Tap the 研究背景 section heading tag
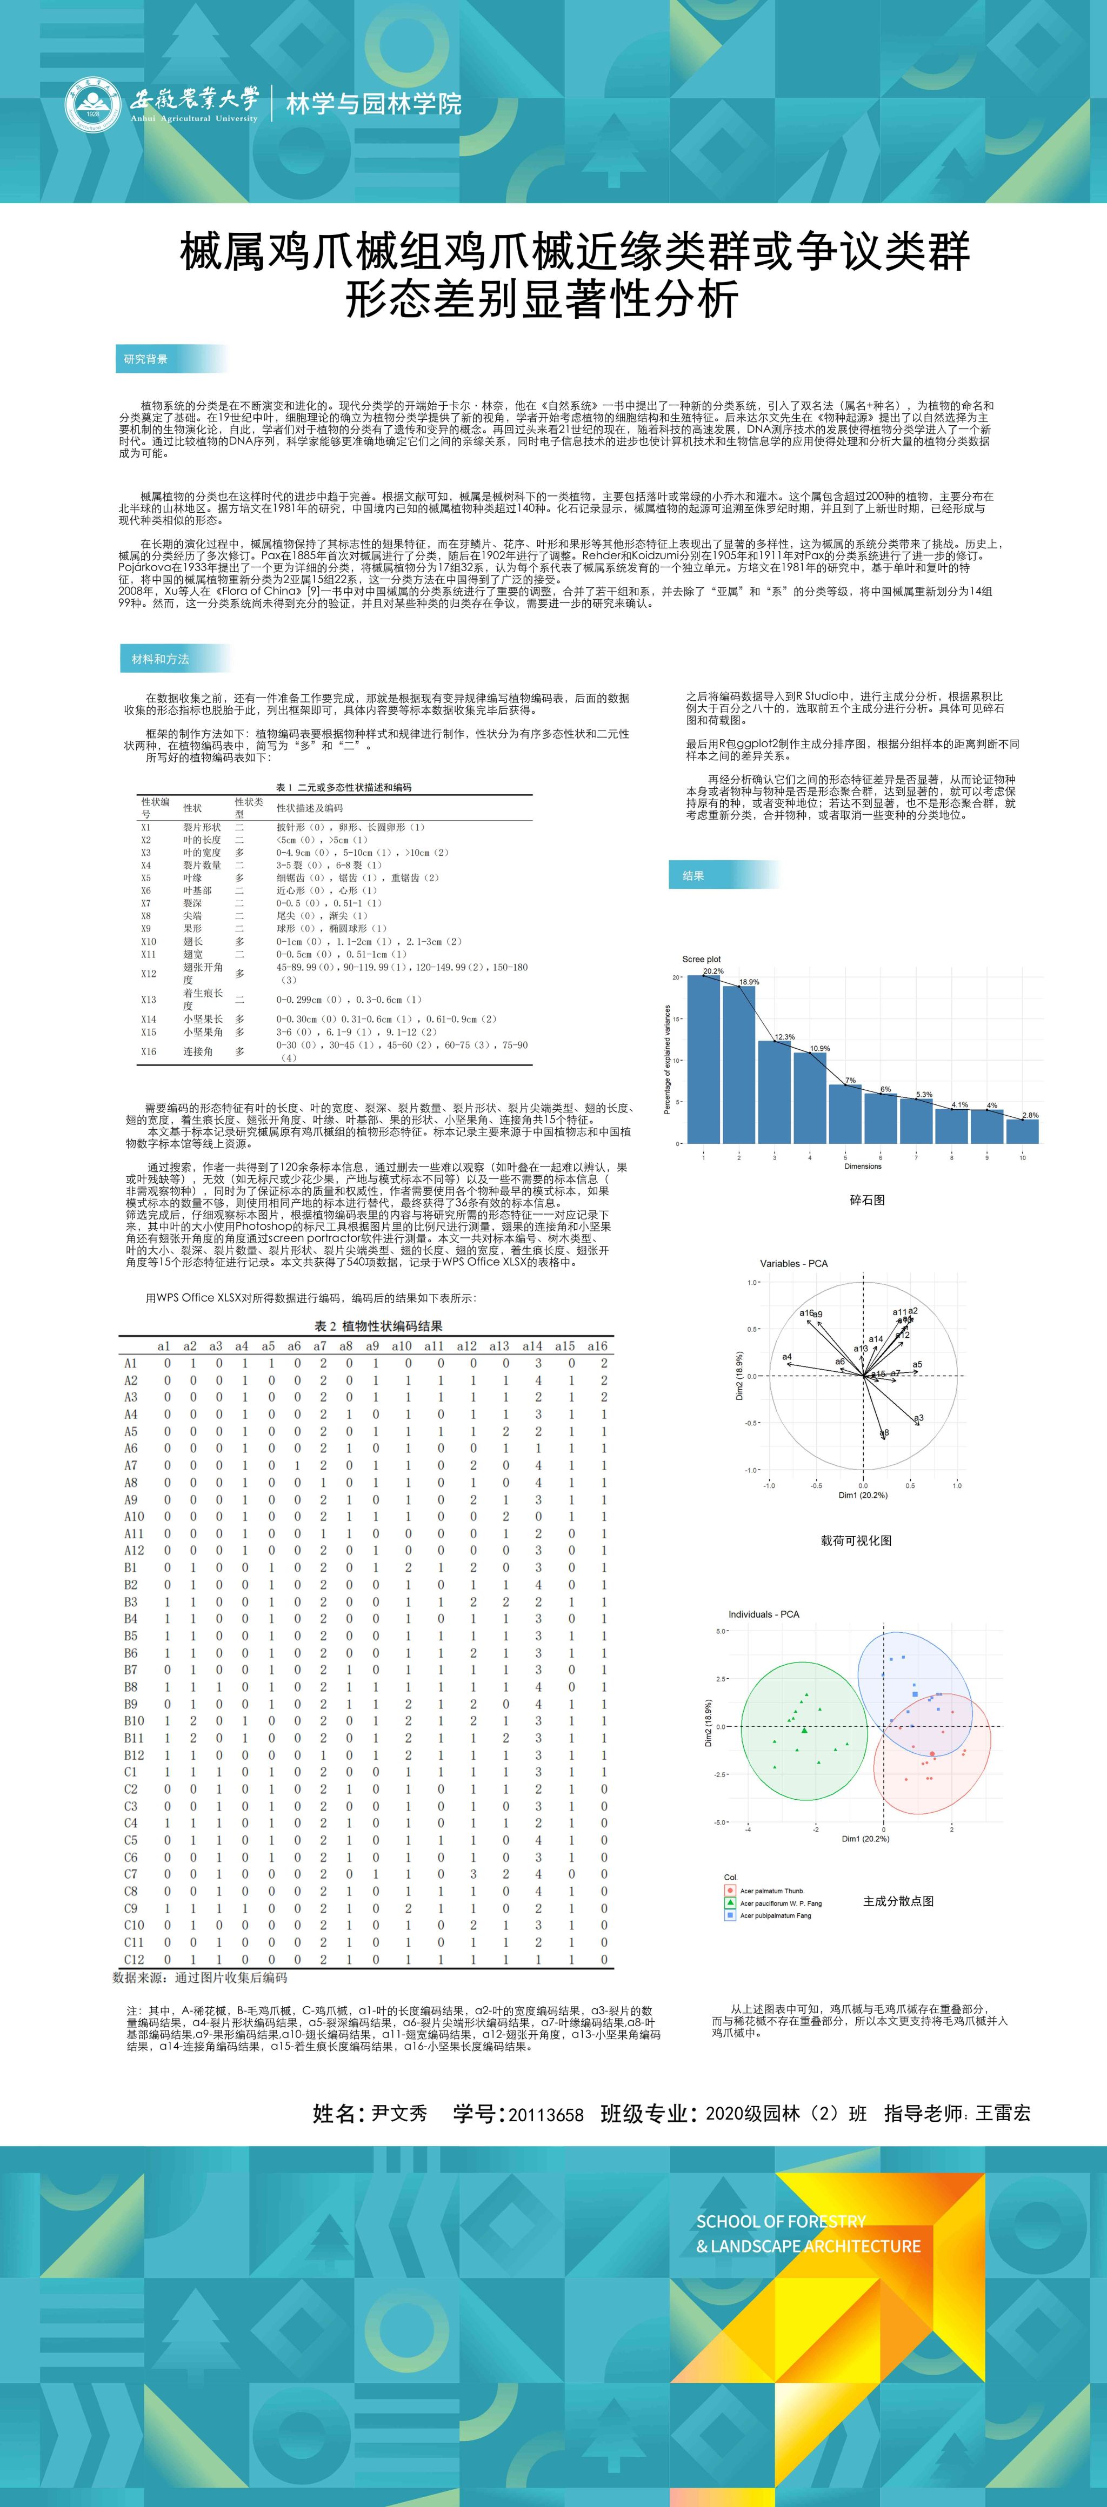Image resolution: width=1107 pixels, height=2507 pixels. coord(146,359)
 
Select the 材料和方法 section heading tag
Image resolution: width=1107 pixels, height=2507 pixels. coord(161,659)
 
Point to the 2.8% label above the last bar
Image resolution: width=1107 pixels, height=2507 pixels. coord(1030,1115)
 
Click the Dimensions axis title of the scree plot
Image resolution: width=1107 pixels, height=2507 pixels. coord(863,1166)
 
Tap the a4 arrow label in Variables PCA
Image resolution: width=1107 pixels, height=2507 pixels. coord(786,1357)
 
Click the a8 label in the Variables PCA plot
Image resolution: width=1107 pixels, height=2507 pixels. coord(884,1432)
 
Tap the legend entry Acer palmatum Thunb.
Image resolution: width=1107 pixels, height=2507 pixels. coord(772,1890)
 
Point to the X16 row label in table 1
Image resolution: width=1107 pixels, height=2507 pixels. coord(148,1051)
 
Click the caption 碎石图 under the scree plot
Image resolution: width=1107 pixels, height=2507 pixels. coord(866,1200)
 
